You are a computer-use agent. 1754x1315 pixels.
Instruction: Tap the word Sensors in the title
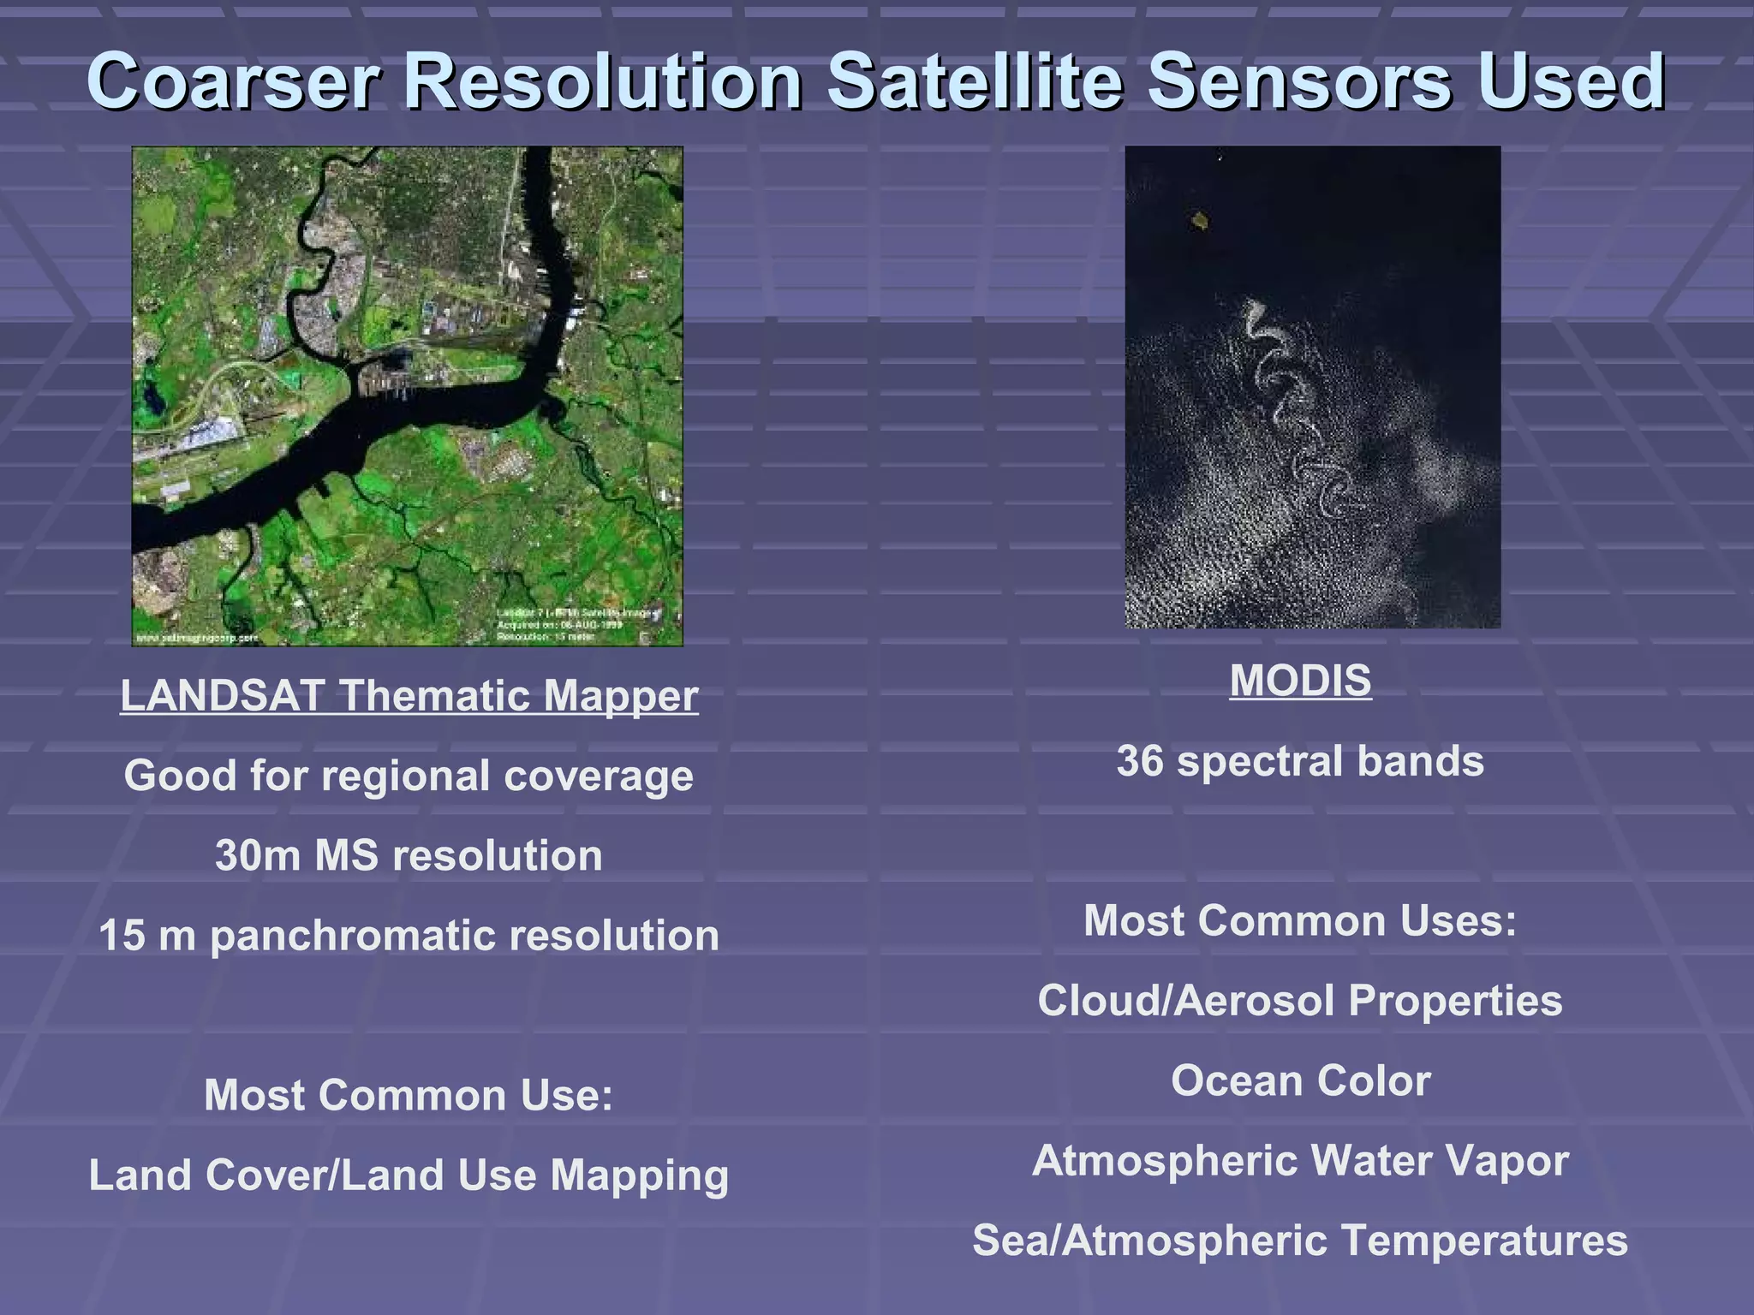(x=1298, y=81)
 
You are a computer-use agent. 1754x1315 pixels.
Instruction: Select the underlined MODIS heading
(x=1300, y=681)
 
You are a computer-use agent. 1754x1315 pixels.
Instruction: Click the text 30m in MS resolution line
(x=256, y=855)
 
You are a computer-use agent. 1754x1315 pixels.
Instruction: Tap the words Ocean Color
(x=1300, y=1080)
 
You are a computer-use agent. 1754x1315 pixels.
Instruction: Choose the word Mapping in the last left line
(x=639, y=1175)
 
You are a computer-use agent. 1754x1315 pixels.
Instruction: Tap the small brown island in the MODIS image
(x=1200, y=223)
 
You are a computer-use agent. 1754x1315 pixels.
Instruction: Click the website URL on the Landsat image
(x=197, y=638)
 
